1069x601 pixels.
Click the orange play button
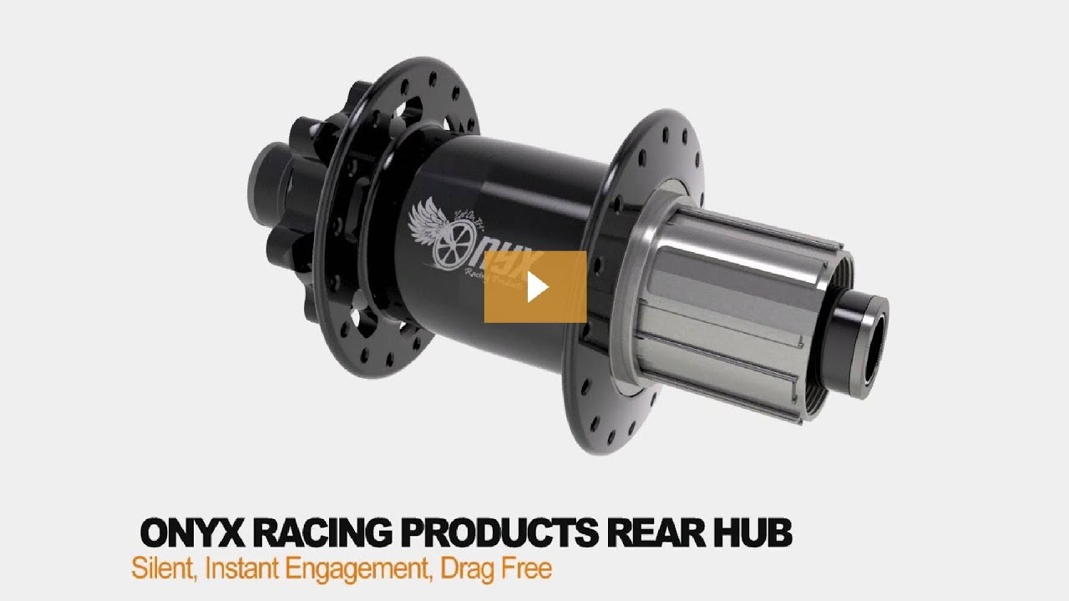pos(535,286)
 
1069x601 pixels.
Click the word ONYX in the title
pos(195,533)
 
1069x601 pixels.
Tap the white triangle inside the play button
pos(537,287)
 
